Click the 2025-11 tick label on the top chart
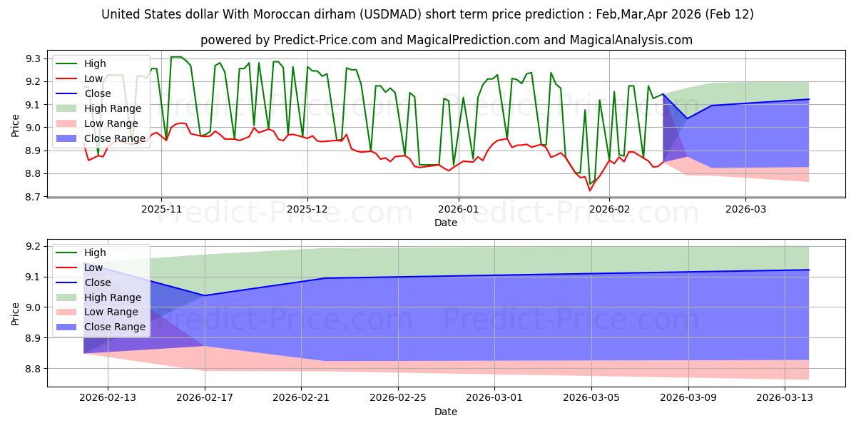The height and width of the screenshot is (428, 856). [x=161, y=209]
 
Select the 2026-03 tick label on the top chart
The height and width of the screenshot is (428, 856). [x=745, y=209]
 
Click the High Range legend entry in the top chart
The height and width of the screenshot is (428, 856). [x=113, y=108]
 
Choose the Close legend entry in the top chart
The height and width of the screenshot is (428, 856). [x=97, y=93]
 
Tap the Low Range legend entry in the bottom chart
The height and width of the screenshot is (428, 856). [x=111, y=312]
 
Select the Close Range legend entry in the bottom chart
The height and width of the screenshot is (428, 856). [x=114, y=327]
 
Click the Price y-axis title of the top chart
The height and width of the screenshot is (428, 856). [x=16, y=127]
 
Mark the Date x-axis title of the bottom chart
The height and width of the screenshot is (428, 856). [x=446, y=412]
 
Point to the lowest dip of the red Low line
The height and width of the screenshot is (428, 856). [x=590, y=190]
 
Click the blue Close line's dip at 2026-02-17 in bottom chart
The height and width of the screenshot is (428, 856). [x=205, y=295]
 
